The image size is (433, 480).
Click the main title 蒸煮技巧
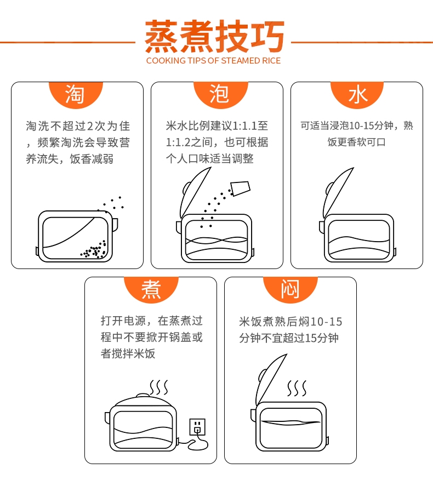(214, 36)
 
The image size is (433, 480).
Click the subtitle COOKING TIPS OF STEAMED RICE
(213, 61)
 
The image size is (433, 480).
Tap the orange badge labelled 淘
(76, 95)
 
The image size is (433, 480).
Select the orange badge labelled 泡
(220, 95)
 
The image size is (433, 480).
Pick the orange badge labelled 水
(357, 95)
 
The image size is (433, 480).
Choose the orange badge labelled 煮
(151, 290)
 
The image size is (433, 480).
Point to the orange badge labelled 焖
(290, 290)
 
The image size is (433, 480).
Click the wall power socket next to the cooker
(197, 427)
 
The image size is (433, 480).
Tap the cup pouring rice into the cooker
(241, 188)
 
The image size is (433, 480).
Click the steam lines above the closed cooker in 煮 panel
(159, 388)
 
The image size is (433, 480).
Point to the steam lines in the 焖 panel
(297, 388)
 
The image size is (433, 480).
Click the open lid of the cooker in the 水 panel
(337, 192)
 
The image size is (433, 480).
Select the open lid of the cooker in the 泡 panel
(195, 192)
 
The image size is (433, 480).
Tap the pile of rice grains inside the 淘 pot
(94, 249)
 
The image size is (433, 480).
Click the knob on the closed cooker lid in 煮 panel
(143, 395)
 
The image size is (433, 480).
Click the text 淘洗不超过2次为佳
(78, 126)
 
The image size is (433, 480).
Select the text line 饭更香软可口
(356, 142)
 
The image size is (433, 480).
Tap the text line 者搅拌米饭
(128, 353)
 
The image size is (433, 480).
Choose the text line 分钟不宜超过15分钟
(289, 338)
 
